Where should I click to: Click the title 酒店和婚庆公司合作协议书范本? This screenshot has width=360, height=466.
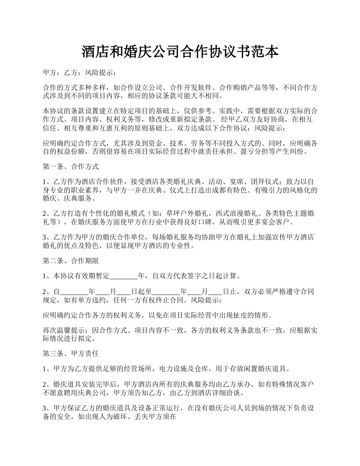[180, 52]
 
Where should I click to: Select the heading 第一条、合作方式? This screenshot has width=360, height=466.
[71, 166]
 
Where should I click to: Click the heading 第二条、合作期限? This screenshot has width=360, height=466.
[71, 261]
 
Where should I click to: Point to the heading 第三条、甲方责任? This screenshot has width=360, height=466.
[71, 353]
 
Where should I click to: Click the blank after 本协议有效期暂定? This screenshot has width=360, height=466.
[124, 276]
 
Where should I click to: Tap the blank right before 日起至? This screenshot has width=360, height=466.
[124, 291]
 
